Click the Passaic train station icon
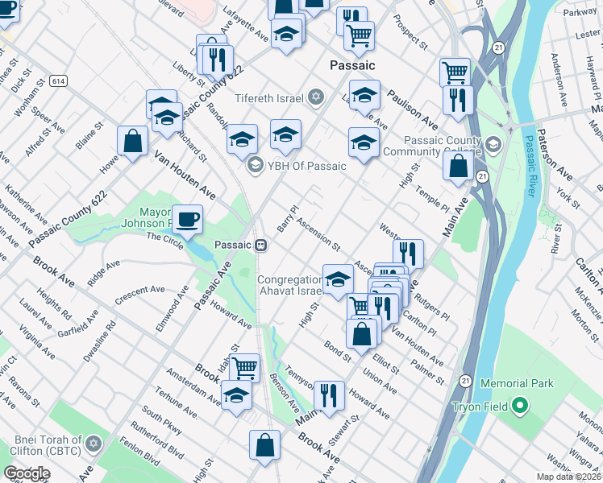[261, 246]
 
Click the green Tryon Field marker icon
[520, 407]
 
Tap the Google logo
[27, 473]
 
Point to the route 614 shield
[57, 81]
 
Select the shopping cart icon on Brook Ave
[244, 367]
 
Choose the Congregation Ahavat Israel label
[289, 285]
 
